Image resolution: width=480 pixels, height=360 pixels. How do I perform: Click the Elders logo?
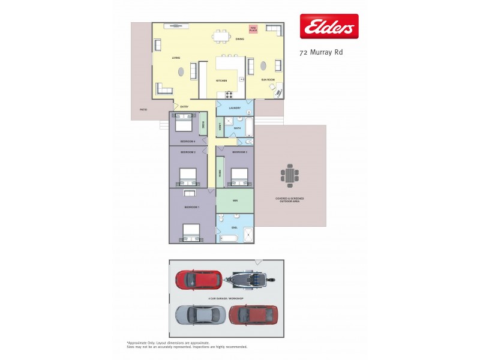click(x=329, y=26)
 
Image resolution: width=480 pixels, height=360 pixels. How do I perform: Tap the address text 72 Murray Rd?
click(x=321, y=52)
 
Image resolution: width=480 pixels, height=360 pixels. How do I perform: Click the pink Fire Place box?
click(x=253, y=29)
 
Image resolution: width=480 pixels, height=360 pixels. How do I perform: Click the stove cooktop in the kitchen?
click(x=230, y=94)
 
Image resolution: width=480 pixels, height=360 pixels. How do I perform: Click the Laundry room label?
click(x=235, y=108)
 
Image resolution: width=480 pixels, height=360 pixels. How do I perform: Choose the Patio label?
click(x=143, y=110)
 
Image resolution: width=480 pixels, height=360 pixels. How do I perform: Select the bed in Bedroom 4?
click(x=183, y=124)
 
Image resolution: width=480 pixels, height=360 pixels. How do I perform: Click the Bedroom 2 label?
click(x=188, y=152)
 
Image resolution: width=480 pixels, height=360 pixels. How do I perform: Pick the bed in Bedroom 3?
click(x=239, y=175)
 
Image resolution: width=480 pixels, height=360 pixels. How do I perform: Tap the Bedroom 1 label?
click(x=191, y=206)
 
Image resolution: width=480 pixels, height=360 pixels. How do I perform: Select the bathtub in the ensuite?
click(x=229, y=239)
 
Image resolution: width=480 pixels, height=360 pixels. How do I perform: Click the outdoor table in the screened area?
click(x=290, y=175)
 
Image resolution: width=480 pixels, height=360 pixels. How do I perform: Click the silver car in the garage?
click(x=200, y=314)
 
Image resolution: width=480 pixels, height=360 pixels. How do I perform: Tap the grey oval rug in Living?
click(x=181, y=73)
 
